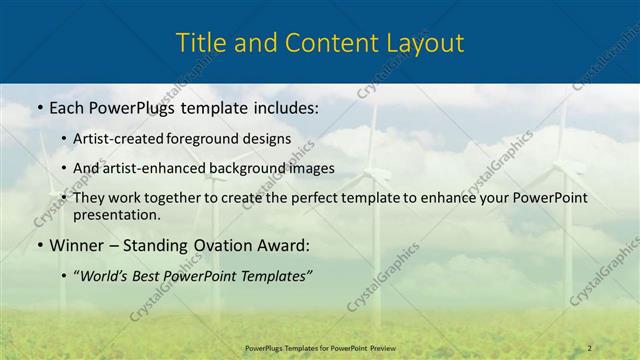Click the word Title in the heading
[x=200, y=43]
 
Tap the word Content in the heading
[x=313, y=43]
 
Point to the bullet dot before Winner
[x=38, y=245]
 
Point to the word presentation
[x=116, y=215]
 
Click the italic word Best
[x=153, y=275]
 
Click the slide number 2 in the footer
[x=589, y=347]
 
